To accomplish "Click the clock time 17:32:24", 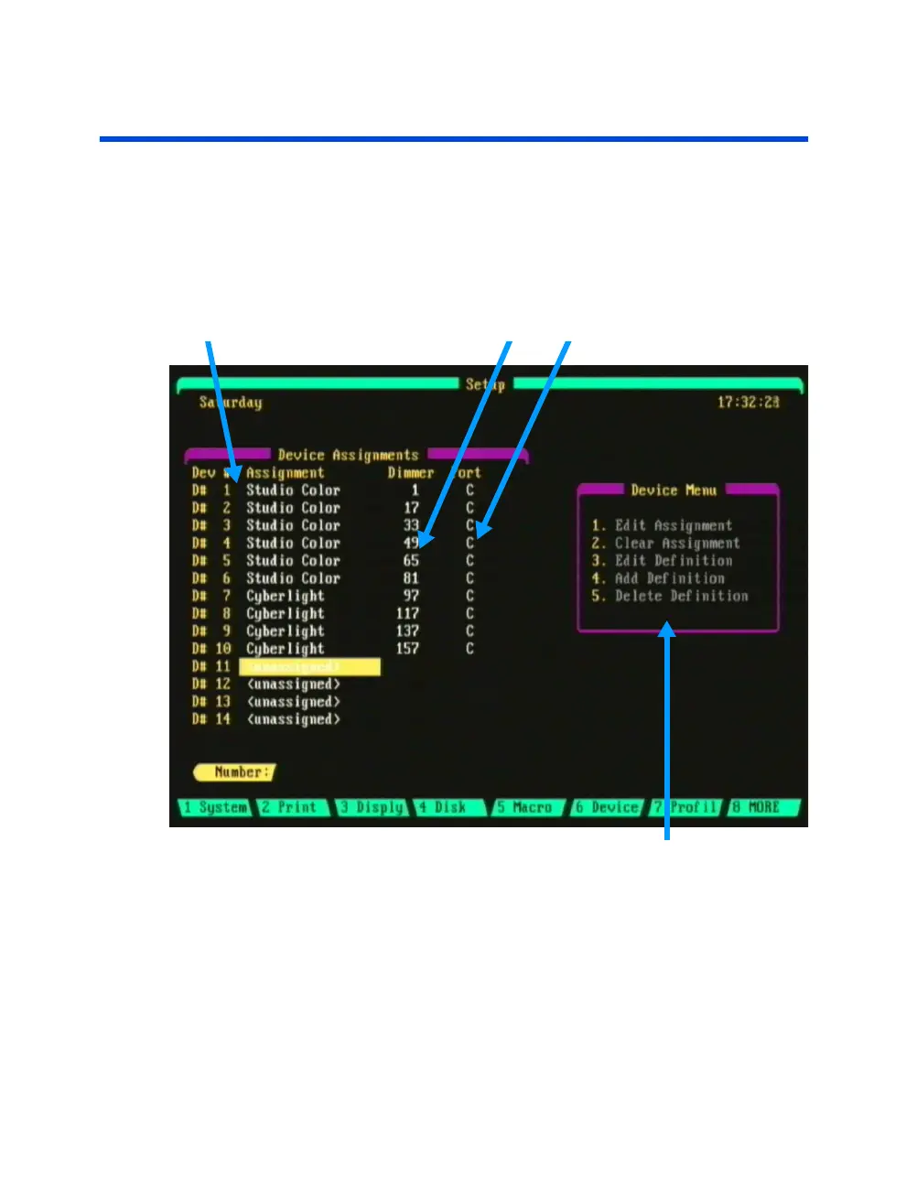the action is click(748, 403).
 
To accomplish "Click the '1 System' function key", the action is click(215, 808).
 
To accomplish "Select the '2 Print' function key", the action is click(291, 808).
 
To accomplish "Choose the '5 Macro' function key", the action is click(526, 808).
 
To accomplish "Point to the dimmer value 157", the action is click(407, 649).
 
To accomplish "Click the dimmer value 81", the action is click(411, 578).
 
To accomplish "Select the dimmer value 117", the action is click(407, 614).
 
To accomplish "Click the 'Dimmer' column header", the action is click(410, 473).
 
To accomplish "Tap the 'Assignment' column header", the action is click(285, 473).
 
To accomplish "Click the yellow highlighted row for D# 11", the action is click(309, 667).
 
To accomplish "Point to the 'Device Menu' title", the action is click(674, 491).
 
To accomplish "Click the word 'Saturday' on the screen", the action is click(231, 403).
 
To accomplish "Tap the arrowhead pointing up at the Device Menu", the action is click(668, 630).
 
